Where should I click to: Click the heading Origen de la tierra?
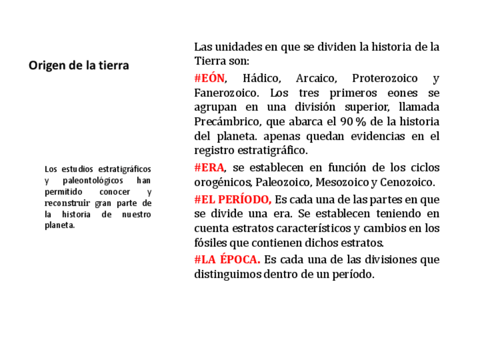79,65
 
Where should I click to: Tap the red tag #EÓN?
209,78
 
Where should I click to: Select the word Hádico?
262,78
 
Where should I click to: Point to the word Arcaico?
315,78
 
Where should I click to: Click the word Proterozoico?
385,78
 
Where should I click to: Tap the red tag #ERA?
209,168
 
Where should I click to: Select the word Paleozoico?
283,182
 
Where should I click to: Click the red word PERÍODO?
244,200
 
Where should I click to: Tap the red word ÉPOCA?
239,260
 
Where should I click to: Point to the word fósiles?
209,243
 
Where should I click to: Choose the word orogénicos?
223,182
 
